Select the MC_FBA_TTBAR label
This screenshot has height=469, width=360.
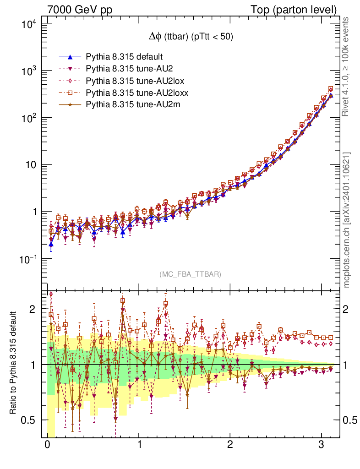click(191, 274)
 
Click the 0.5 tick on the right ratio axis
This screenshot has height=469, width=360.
click(351, 420)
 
